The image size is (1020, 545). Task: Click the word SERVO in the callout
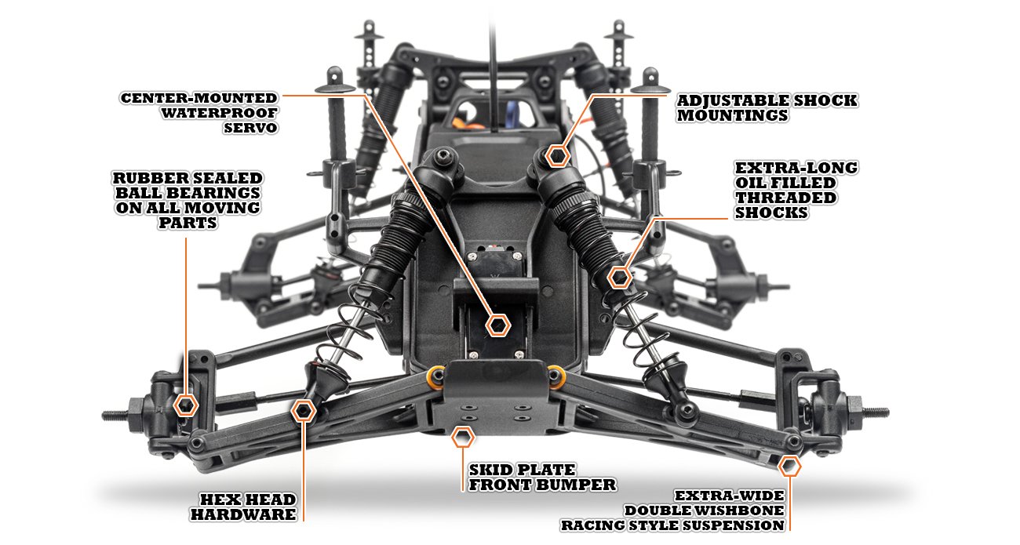click(250, 128)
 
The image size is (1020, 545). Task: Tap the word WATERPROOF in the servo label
click(219, 113)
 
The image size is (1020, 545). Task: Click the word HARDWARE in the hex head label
click(243, 514)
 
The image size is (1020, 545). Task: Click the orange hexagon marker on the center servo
click(497, 325)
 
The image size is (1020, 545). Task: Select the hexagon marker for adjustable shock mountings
click(558, 156)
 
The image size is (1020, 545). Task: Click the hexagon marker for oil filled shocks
click(620, 277)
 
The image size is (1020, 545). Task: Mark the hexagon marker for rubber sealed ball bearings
click(186, 405)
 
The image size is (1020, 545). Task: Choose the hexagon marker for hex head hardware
click(304, 411)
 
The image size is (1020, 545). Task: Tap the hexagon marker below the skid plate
click(462, 438)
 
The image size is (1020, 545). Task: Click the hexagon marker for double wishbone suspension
click(789, 466)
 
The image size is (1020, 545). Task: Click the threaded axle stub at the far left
click(115, 415)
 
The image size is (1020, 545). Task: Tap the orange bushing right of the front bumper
click(557, 376)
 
